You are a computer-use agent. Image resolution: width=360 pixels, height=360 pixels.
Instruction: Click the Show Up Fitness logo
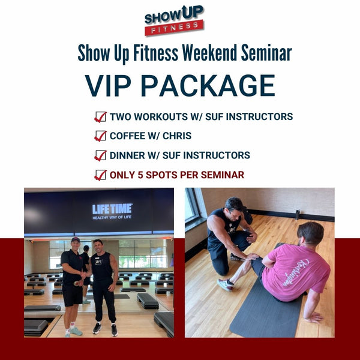click(173, 20)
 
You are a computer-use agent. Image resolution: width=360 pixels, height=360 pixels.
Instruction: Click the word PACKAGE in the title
click(211, 85)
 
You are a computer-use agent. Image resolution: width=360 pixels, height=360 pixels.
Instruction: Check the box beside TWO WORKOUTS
click(100, 116)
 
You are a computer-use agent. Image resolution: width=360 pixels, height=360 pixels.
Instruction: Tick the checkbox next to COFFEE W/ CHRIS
click(100, 136)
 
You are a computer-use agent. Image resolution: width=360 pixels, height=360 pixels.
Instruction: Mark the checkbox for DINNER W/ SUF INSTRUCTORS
click(100, 155)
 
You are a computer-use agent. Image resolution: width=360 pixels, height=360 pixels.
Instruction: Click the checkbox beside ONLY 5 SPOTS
click(100, 175)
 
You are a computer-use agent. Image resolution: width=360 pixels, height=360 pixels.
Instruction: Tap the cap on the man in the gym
click(76, 239)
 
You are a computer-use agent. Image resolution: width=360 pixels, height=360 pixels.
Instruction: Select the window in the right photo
click(193, 207)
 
